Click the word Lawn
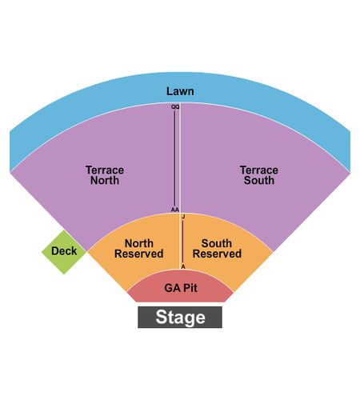(180, 91)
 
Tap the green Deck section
(64, 252)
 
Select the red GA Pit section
(180, 286)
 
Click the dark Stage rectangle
(180, 317)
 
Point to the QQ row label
(175, 107)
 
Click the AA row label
(175, 210)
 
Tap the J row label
(183, 217)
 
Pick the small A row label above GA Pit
(183, 266)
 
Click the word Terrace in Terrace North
(105, 170)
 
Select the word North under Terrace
(105, 180)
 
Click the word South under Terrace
(259, 180)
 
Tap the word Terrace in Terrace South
(259, 170)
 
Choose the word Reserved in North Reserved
(139, 254)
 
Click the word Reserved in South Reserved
(217, 254)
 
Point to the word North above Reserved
(139, 243)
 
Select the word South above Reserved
(217, 243)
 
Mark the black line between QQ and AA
(175, 158)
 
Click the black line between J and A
(183, 242)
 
